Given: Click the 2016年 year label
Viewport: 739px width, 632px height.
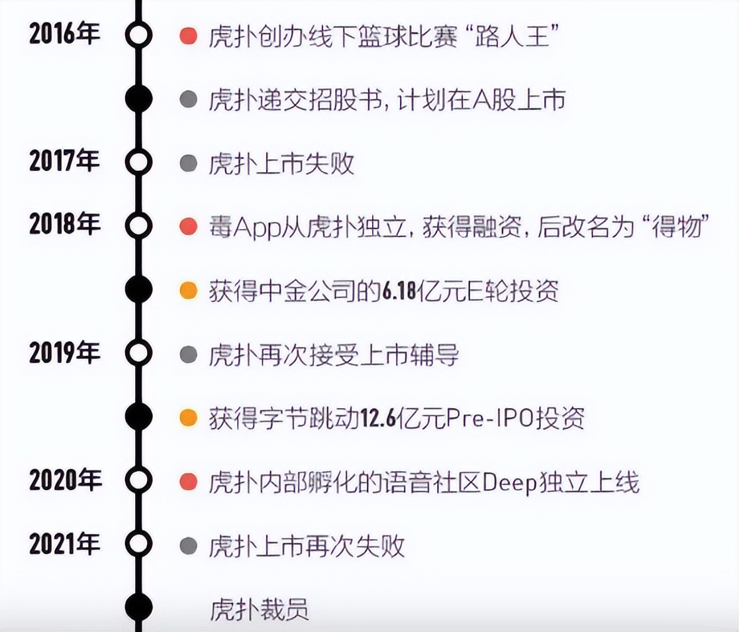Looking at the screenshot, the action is (x=65, y=34).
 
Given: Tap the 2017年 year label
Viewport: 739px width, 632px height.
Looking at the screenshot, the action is (x=65, y=160).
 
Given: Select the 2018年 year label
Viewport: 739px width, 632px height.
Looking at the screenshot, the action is (x=65, y=223).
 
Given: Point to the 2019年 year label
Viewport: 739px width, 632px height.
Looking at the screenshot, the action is (x=65, y=352).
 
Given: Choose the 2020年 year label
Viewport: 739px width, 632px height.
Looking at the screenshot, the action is (x=65, y=480).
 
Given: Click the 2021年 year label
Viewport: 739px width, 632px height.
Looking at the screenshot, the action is (x=65, y=543).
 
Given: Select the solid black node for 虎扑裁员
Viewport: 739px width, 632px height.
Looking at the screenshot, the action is (x=138, y=607).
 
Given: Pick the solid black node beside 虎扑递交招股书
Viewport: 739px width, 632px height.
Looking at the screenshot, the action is (x=138, y=99).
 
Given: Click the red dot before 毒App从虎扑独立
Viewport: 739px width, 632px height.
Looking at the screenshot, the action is (x=189, y=227).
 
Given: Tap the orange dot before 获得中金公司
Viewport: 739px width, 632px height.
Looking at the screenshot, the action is (x=189, y=290).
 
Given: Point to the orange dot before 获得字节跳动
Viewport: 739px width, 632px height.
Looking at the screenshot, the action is (x=189, y=417).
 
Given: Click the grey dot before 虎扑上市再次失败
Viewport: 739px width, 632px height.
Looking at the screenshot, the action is (x=189, y=546).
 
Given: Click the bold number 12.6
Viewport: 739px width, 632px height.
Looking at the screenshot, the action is (x=379, y=418).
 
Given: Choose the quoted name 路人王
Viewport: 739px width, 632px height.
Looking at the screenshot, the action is (x=512, y=36).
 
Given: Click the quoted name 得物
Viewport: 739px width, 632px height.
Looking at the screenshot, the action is (x=677, y=227).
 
